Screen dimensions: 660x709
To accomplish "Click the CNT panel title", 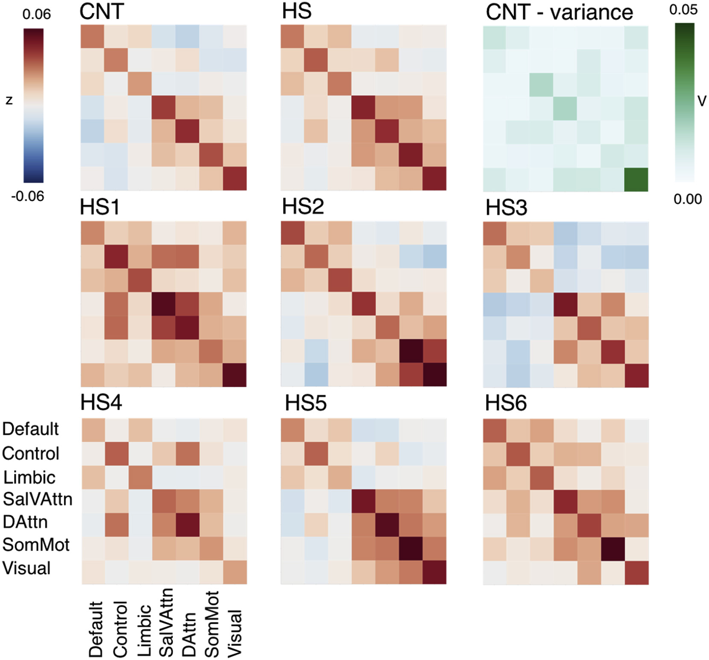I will (102, 11).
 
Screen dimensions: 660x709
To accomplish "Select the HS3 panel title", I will (506, 208).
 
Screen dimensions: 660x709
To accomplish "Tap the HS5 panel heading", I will (305, 403).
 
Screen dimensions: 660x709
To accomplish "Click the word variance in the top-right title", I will (592, 12).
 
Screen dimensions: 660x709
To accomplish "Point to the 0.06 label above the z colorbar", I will (37, 14).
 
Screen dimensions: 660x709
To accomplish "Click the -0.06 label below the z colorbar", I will (28, 197).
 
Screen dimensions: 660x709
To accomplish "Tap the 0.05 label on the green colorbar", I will (683, 9).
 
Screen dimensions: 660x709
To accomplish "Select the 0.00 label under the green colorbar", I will (688, 199).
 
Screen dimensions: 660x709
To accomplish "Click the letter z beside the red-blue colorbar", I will (9, 100).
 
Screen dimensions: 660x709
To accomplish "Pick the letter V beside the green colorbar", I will (702, 101).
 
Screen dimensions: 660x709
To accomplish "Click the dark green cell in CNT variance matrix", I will (636, 179).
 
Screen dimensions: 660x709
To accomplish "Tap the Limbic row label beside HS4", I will (29, 477).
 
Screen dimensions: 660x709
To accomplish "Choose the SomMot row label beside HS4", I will (36, 545).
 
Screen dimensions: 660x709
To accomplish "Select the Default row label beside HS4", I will (30, 429).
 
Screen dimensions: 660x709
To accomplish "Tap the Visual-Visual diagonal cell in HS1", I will (234, 375).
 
